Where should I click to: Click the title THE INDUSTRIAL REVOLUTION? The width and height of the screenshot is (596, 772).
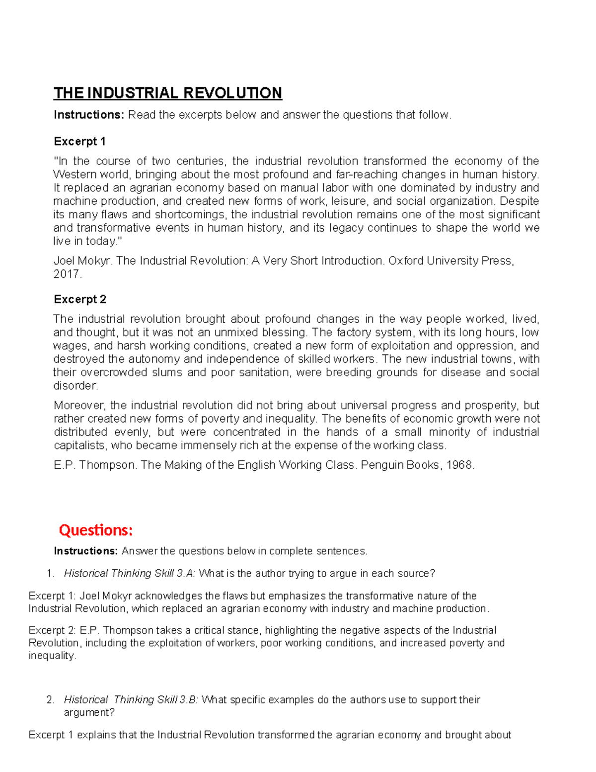(x=168, y=93)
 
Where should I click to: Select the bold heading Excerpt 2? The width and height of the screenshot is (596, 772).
(x=80, y=299)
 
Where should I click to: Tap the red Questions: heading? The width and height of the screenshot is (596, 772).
(x=96, y=530)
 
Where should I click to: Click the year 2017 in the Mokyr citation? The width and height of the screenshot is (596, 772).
(x=66, y=274)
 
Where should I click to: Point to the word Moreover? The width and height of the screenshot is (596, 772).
(x=78, y=406)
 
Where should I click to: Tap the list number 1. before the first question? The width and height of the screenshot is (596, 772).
(x=50, y=574)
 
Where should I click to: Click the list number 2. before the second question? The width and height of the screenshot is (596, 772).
(x=50, y=700)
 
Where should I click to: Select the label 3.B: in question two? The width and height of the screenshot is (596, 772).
(x=187, y=700)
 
